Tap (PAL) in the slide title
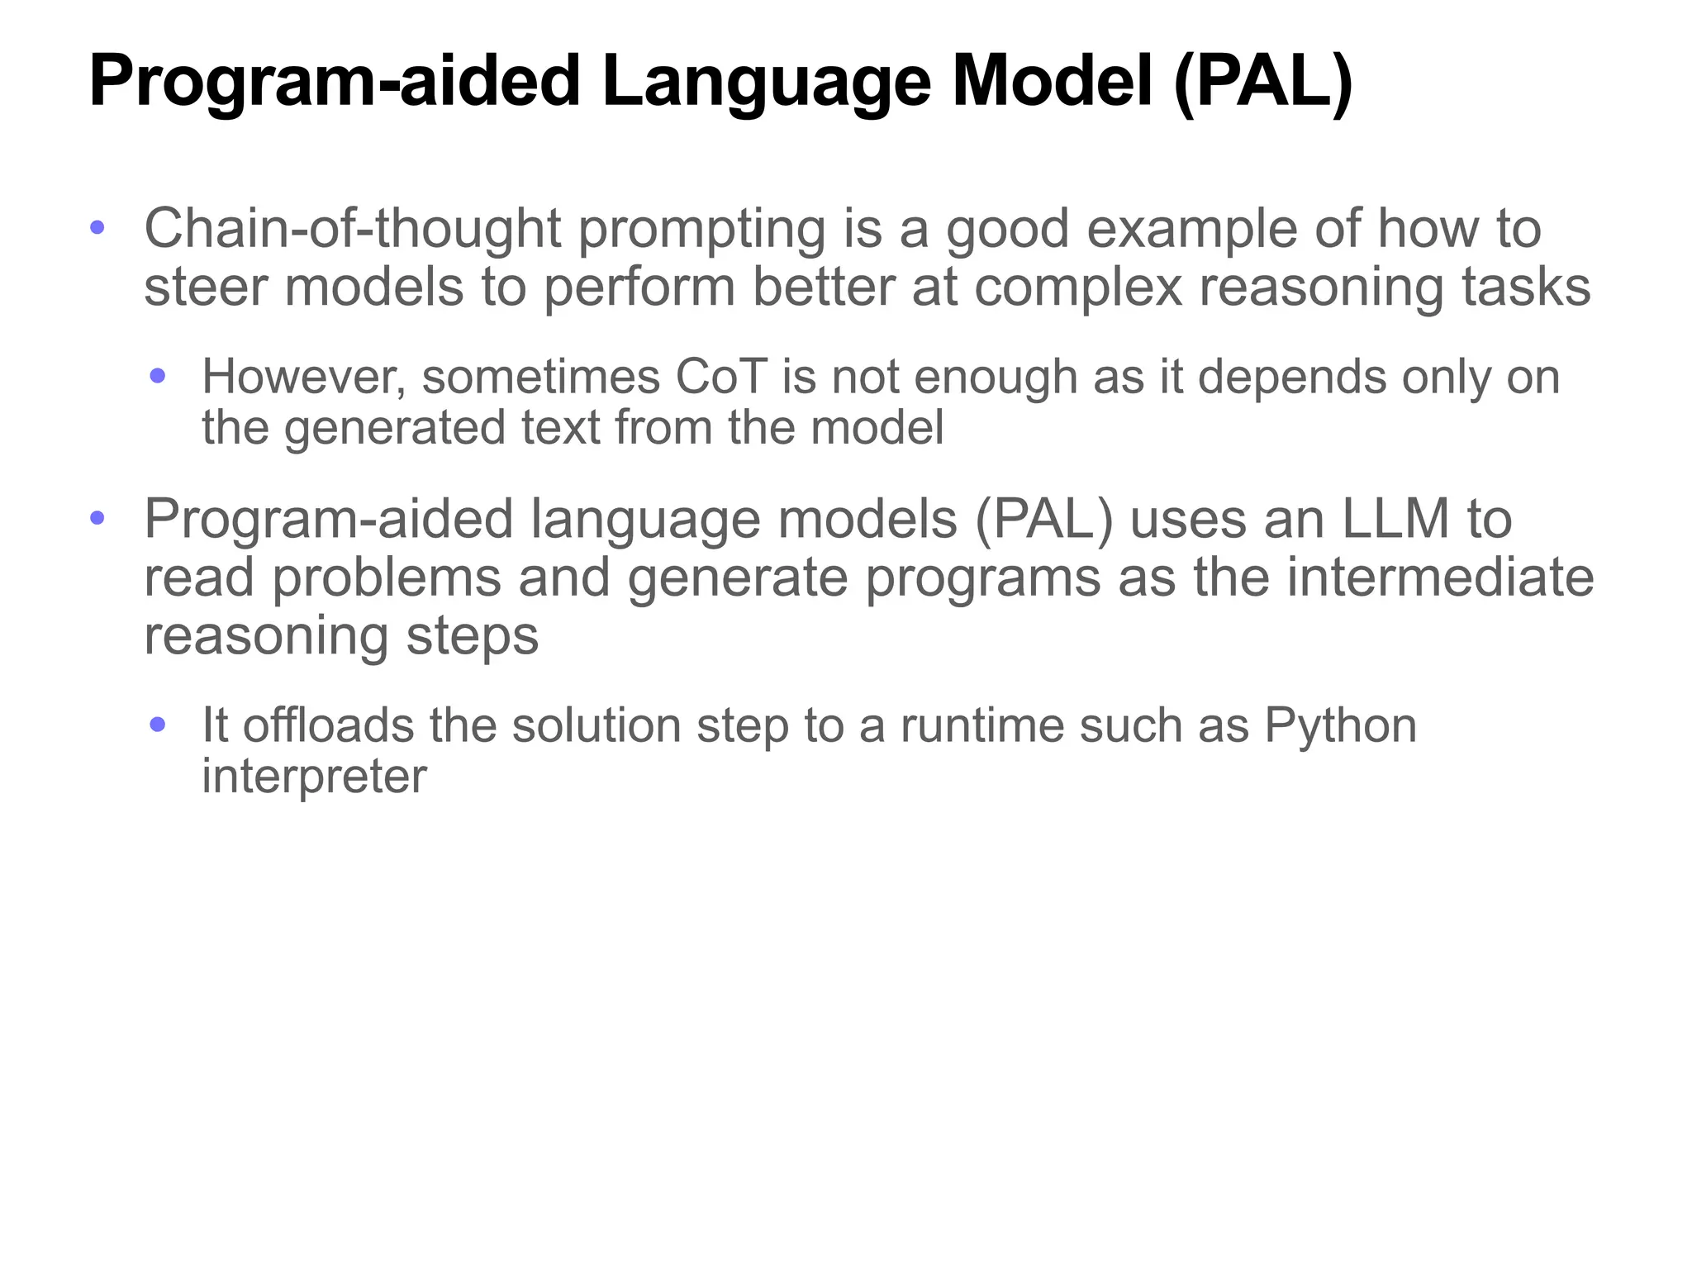coord(1263,83)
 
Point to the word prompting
coord(701,231)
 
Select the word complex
coord(1078,288)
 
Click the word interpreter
coord(314,777)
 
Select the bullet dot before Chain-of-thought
coord(97,227)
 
